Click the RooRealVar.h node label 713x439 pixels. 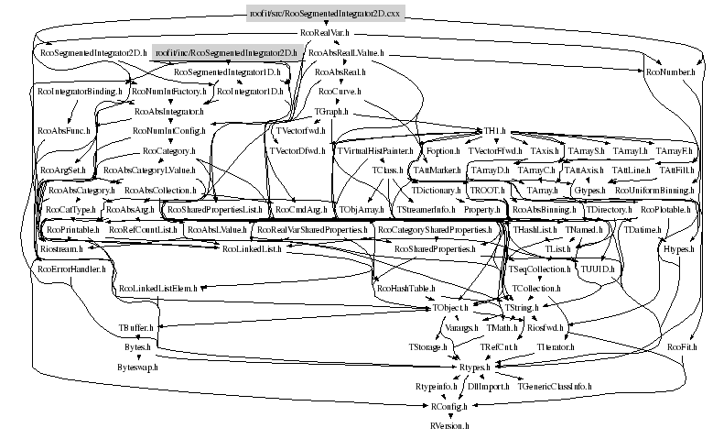327,33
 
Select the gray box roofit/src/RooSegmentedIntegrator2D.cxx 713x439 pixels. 327,12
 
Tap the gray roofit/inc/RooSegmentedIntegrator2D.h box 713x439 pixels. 225,53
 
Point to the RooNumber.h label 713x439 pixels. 670,71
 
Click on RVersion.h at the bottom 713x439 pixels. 450,426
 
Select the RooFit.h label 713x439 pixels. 682,347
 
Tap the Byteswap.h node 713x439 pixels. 138,367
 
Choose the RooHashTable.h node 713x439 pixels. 405,289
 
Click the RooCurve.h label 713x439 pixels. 340,92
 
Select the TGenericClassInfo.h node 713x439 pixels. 556,387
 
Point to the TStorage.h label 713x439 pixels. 427,347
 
